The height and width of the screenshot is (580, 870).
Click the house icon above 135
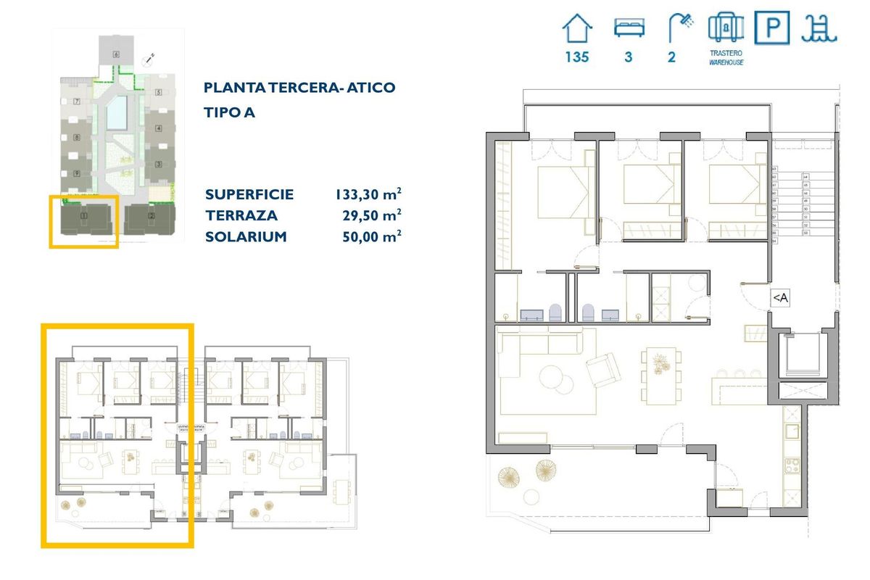(578, 30)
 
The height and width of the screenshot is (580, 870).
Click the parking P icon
(773, 29)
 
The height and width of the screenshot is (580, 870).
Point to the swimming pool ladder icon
(819, 29)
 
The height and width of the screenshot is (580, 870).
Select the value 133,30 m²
(368, 194)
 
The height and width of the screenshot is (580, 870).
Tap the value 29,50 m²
(372, 215)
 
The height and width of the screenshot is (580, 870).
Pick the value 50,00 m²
(372, 237)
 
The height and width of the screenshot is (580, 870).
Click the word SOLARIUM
(246, 237)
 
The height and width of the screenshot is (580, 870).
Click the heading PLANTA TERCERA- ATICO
(299, 88)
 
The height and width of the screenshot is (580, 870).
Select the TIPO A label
(230, 112)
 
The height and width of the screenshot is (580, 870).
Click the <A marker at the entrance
(779, 297)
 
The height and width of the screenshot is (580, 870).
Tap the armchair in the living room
(602, 369)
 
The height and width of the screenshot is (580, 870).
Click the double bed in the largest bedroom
(563, 191)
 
